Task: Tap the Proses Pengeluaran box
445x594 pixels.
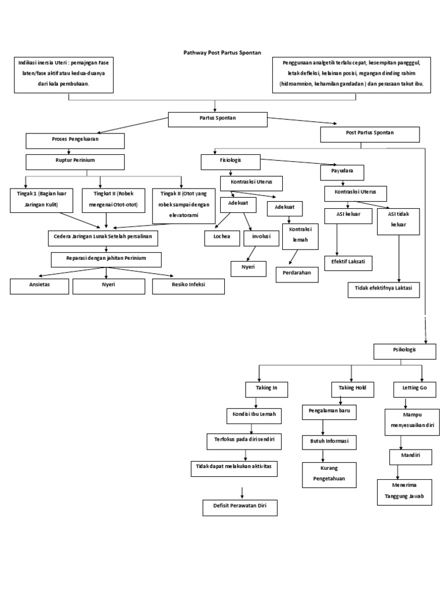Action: click(x=75, y=140)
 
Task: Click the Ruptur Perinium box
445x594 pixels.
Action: click(x=75, y=161)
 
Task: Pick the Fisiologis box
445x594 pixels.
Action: click(x=231, y=161)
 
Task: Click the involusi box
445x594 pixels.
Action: click(x=261, y=237)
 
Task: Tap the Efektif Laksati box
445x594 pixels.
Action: click(x=348, y=263)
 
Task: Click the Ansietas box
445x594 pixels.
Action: click(x=39, y=286)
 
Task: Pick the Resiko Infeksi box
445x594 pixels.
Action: click(x=188, y=286)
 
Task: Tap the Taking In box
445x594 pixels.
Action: click(x=259, y=387)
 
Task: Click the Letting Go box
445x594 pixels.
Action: click(x=410, y=387)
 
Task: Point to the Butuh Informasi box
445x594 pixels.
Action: click(x=329, y=442)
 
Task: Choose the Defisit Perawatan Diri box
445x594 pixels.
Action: click(x=240, y=508)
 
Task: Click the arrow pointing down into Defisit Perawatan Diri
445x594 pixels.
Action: click(x=242, y=491)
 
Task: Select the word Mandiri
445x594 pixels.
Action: click(x=410, y=457)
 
